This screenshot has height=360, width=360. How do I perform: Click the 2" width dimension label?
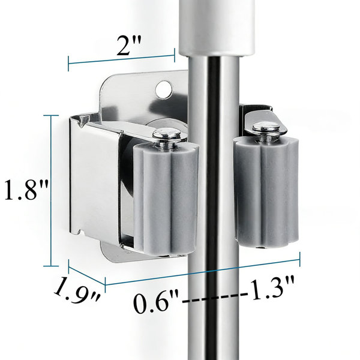click(128, 46)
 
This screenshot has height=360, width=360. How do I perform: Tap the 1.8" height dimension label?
click(26, 190)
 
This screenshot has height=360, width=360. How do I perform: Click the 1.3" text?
click(272, 288)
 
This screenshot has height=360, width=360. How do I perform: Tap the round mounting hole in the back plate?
click(164, 89)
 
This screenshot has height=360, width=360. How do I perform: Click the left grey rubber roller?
click(166, 198)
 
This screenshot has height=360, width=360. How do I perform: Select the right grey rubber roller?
click(266, 192)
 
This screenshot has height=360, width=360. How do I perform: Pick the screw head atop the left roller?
click(167, 134)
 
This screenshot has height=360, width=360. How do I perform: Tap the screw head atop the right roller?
click(266, 128)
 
